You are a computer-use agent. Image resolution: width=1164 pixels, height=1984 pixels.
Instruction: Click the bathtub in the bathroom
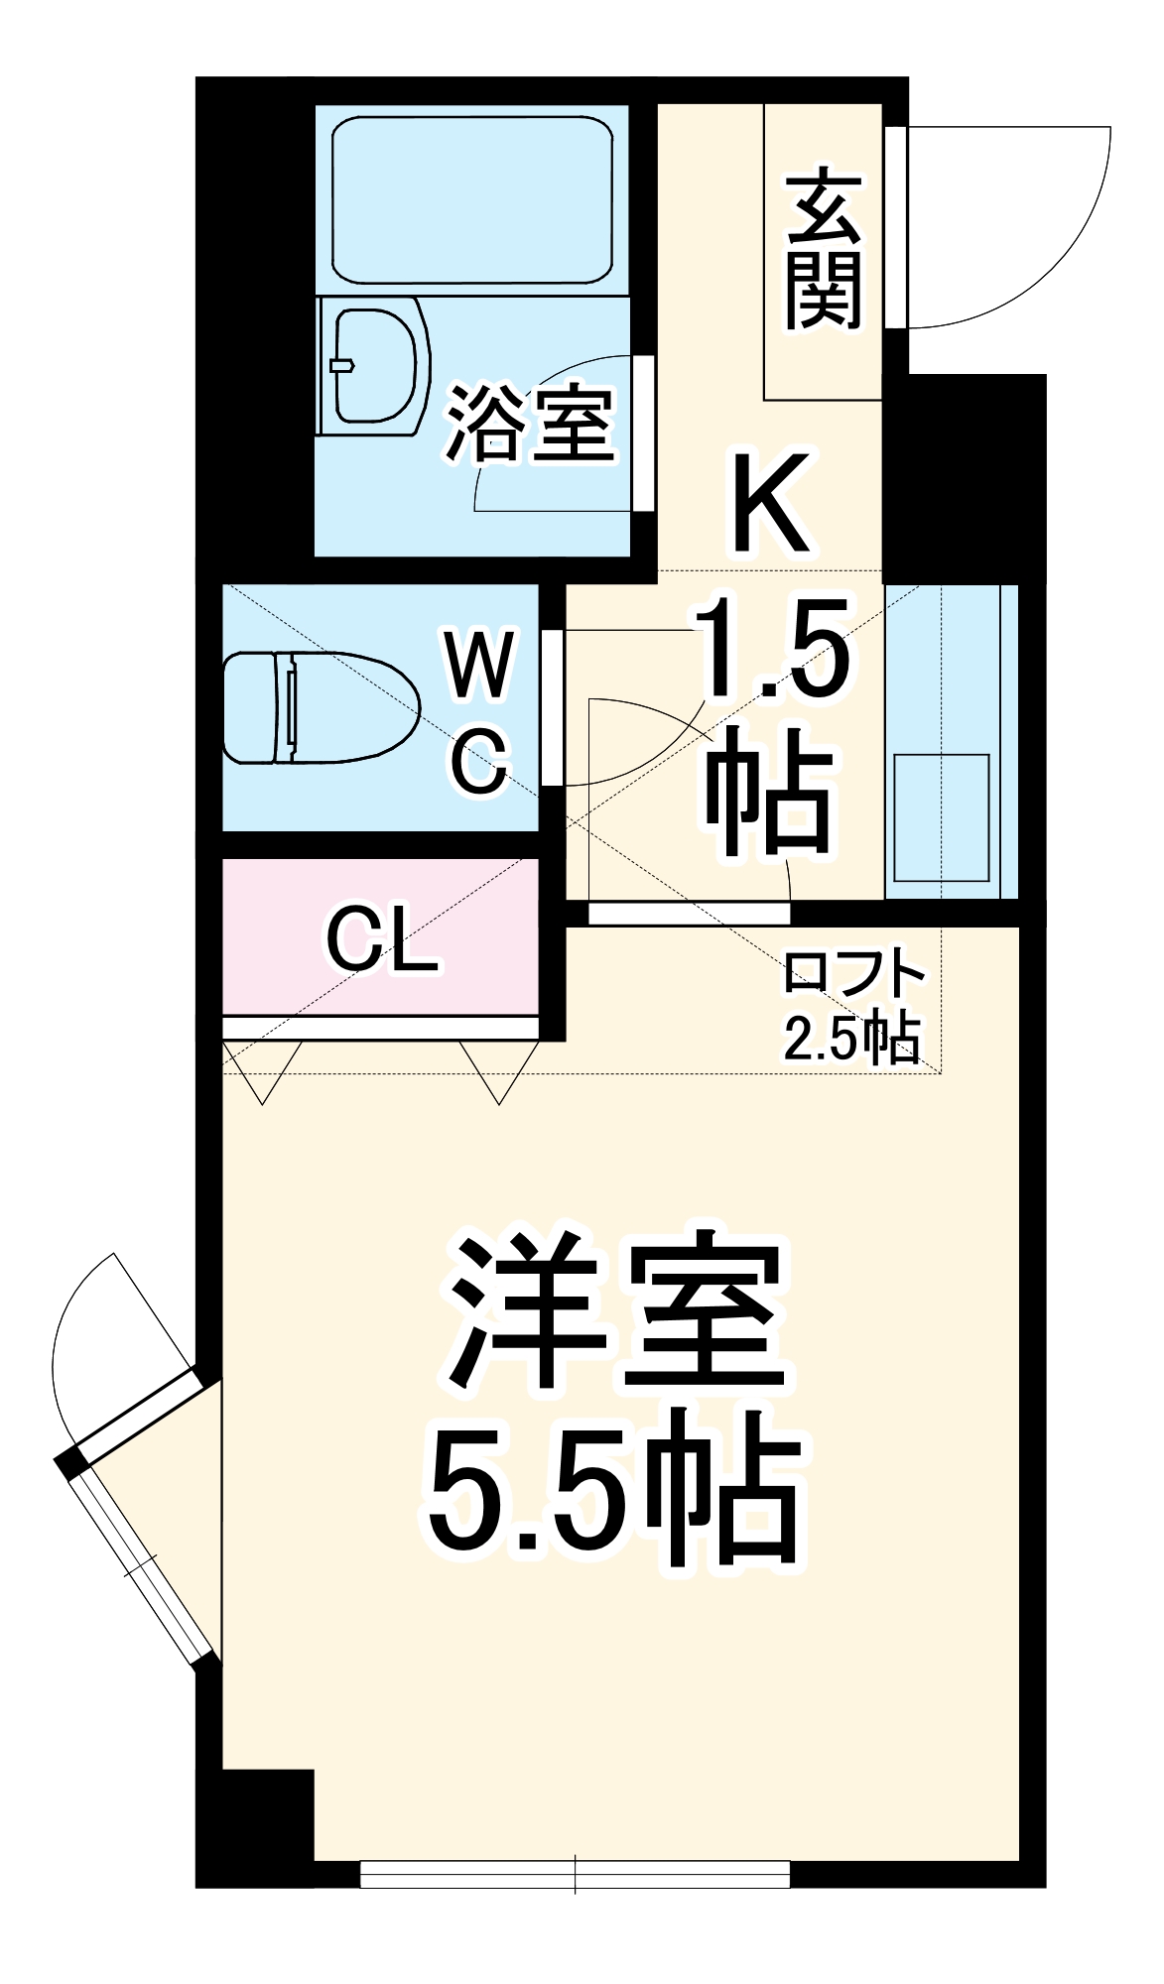471,200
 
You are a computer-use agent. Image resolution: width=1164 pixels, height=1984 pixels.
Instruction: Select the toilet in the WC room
318,706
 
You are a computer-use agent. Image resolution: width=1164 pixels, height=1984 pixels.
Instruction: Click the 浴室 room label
530,425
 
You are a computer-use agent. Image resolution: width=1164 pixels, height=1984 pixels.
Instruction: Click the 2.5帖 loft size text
850,1038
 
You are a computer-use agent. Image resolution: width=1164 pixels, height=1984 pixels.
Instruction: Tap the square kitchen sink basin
941,817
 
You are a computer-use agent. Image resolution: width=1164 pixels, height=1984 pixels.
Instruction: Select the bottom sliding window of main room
575,1874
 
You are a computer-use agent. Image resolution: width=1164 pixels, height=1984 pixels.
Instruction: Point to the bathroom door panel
645,434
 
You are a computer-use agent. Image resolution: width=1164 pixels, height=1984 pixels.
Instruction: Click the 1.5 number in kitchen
774,651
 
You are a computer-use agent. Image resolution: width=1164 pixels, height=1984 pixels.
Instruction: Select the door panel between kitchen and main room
689,913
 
